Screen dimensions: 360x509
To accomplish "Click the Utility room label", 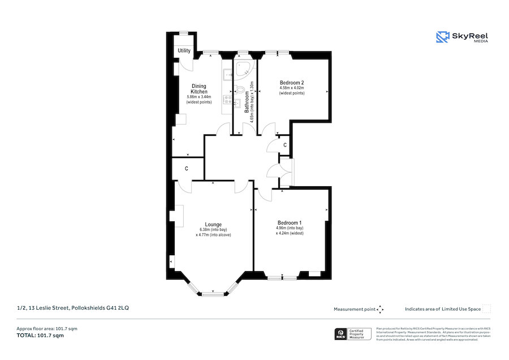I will click(x=184, y=51).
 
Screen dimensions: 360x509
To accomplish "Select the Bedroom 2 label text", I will click(x=292, y=83).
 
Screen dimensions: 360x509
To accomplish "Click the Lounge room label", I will click(x=213, y=224).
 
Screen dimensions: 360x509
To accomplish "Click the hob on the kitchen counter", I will click(x=227, y=100).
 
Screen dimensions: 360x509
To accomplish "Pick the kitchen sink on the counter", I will click(x=227, y=74).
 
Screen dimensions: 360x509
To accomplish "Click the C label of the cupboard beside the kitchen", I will click(x=186, y=169).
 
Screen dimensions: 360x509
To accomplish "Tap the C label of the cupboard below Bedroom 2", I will click(x=284, y=145).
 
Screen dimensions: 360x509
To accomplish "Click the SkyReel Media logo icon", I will click(x=442, y=37).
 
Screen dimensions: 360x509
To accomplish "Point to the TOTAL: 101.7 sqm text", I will click(x=40, y=336).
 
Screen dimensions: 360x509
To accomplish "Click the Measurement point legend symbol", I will click(x=380, y=309).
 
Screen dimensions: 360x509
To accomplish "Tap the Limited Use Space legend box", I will click(x=486, y=308).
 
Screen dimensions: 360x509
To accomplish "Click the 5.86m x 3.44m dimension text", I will click(x=199, y=97).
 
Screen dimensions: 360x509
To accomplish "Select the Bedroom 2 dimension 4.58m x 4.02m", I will click(x=292, y=88).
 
